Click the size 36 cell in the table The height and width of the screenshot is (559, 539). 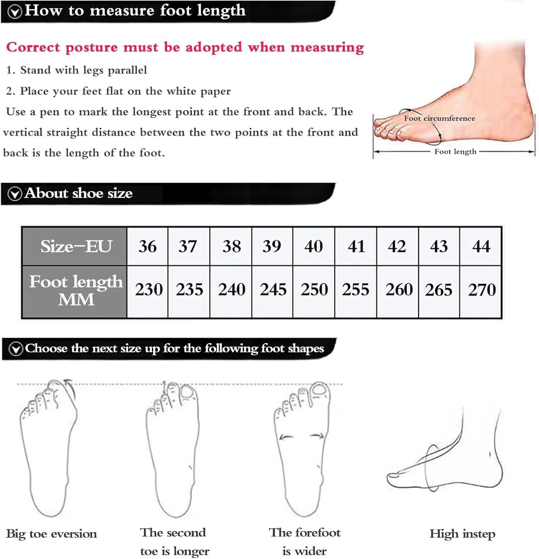tap(148, 246)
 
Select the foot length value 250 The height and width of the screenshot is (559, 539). tap(314, 290)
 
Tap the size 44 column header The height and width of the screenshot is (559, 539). tap(481, 246)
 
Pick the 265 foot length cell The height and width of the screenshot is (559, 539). tap(439, 290)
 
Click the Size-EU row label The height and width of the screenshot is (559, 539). tap(76, 246)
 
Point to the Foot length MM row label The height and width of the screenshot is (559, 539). tap(76, 290)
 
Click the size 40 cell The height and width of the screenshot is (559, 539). tap(314, 246)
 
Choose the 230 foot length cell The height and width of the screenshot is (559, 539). tap(149, 290)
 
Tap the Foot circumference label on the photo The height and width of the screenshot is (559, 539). tap(440, 118)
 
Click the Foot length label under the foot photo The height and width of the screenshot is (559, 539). tap(455, 152)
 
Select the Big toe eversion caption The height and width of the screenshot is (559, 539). tap(51, 534)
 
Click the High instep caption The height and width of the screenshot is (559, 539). tap(462, 534)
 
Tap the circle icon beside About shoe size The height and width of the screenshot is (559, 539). tap(15, 194)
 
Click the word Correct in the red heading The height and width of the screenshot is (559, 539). tap(33, 47)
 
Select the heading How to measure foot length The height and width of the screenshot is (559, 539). tap(135, 10)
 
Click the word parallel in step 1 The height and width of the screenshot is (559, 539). tap(127, 70)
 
